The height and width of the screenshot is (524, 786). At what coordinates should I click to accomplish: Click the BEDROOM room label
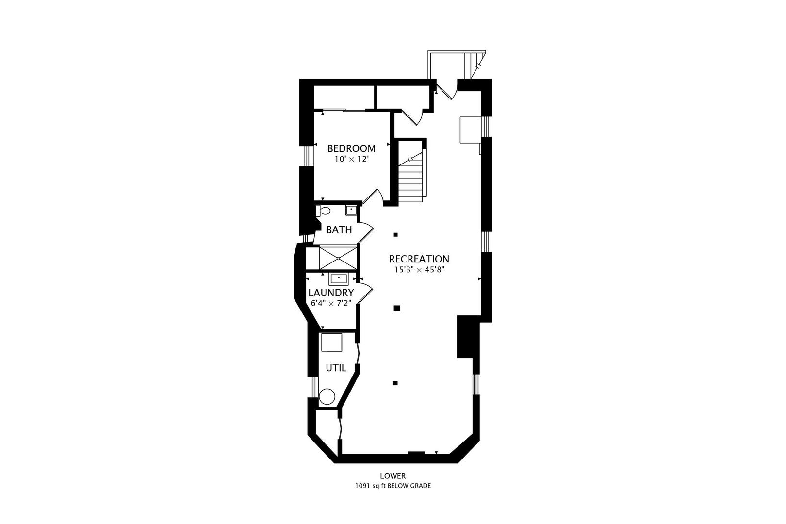point(351,148)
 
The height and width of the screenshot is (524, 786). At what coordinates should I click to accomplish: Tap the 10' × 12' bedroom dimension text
point(351,159)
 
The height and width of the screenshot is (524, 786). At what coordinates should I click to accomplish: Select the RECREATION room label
point(419,259)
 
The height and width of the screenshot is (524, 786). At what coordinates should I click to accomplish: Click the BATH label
point(339,230)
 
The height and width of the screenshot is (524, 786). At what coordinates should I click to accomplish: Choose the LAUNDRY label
point(331,293)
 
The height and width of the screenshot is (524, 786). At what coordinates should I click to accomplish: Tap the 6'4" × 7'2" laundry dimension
point(331,303)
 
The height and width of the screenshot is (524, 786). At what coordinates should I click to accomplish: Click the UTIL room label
point(336,368)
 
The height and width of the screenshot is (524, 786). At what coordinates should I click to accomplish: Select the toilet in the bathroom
point(323,211)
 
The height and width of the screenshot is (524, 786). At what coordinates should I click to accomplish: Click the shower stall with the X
point(338,258)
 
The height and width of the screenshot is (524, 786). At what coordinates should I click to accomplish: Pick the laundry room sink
point(338,279)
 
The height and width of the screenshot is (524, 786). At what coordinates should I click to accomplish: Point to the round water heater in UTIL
point(327,397)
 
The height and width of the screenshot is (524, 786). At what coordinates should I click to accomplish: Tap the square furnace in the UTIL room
point(332,342)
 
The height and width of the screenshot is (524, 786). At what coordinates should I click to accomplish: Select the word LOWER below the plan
point(393,476)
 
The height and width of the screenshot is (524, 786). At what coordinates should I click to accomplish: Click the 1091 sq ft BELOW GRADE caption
point(393,486)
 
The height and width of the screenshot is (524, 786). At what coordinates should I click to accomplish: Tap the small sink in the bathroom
point(351,210)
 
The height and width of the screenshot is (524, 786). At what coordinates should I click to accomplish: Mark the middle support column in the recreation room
point(396,308)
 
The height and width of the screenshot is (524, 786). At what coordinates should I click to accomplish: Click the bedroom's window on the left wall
point(307,156)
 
